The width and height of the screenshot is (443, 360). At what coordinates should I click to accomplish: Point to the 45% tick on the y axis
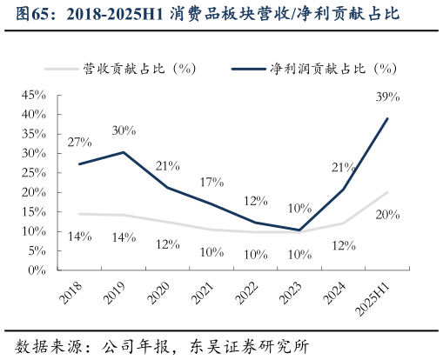coord(33,94)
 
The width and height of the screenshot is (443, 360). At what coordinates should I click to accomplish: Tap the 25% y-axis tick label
coord(33,172)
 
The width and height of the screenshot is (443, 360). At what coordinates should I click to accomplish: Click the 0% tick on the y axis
coord(37,270)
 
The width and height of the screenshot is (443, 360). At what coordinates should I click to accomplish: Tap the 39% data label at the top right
coord(387,97)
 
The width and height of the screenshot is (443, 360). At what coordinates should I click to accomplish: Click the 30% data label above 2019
coord(124,130)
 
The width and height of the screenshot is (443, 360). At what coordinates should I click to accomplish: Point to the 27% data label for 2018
coord(79,142)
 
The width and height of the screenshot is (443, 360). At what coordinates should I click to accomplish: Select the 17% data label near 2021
coord(211,183)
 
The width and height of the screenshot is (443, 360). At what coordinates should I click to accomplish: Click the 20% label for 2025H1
coord(387,214)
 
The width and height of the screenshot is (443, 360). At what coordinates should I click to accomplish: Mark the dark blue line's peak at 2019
coord(124,152)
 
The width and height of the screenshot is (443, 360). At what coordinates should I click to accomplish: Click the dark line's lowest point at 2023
coord(299,230)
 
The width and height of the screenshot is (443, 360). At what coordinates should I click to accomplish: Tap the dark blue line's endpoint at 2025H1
coord(387,118)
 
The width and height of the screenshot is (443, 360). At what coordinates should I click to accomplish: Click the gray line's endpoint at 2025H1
coord(387,192)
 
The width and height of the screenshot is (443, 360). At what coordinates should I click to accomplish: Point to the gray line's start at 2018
coord(79,214)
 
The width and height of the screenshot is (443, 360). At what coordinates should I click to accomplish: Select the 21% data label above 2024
coord(343,168)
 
